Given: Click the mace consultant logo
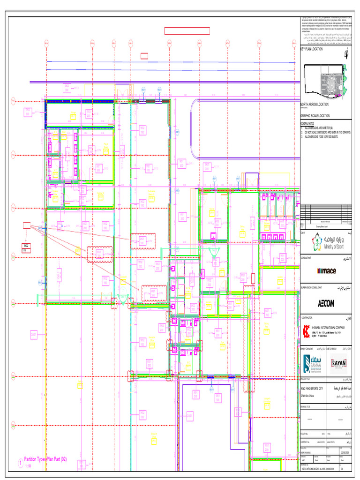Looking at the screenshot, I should pos(327,270).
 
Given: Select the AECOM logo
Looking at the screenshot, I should pos(326,303).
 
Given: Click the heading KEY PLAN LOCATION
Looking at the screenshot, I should pos(312,49).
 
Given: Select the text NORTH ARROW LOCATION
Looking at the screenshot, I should pos(315,105).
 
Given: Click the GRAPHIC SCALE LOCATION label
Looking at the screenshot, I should pos(315,115).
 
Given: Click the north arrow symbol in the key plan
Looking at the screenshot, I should pos(346,53).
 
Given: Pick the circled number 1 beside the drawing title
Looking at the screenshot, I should pos(20,463).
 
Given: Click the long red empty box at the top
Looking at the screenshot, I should pos(187,31).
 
